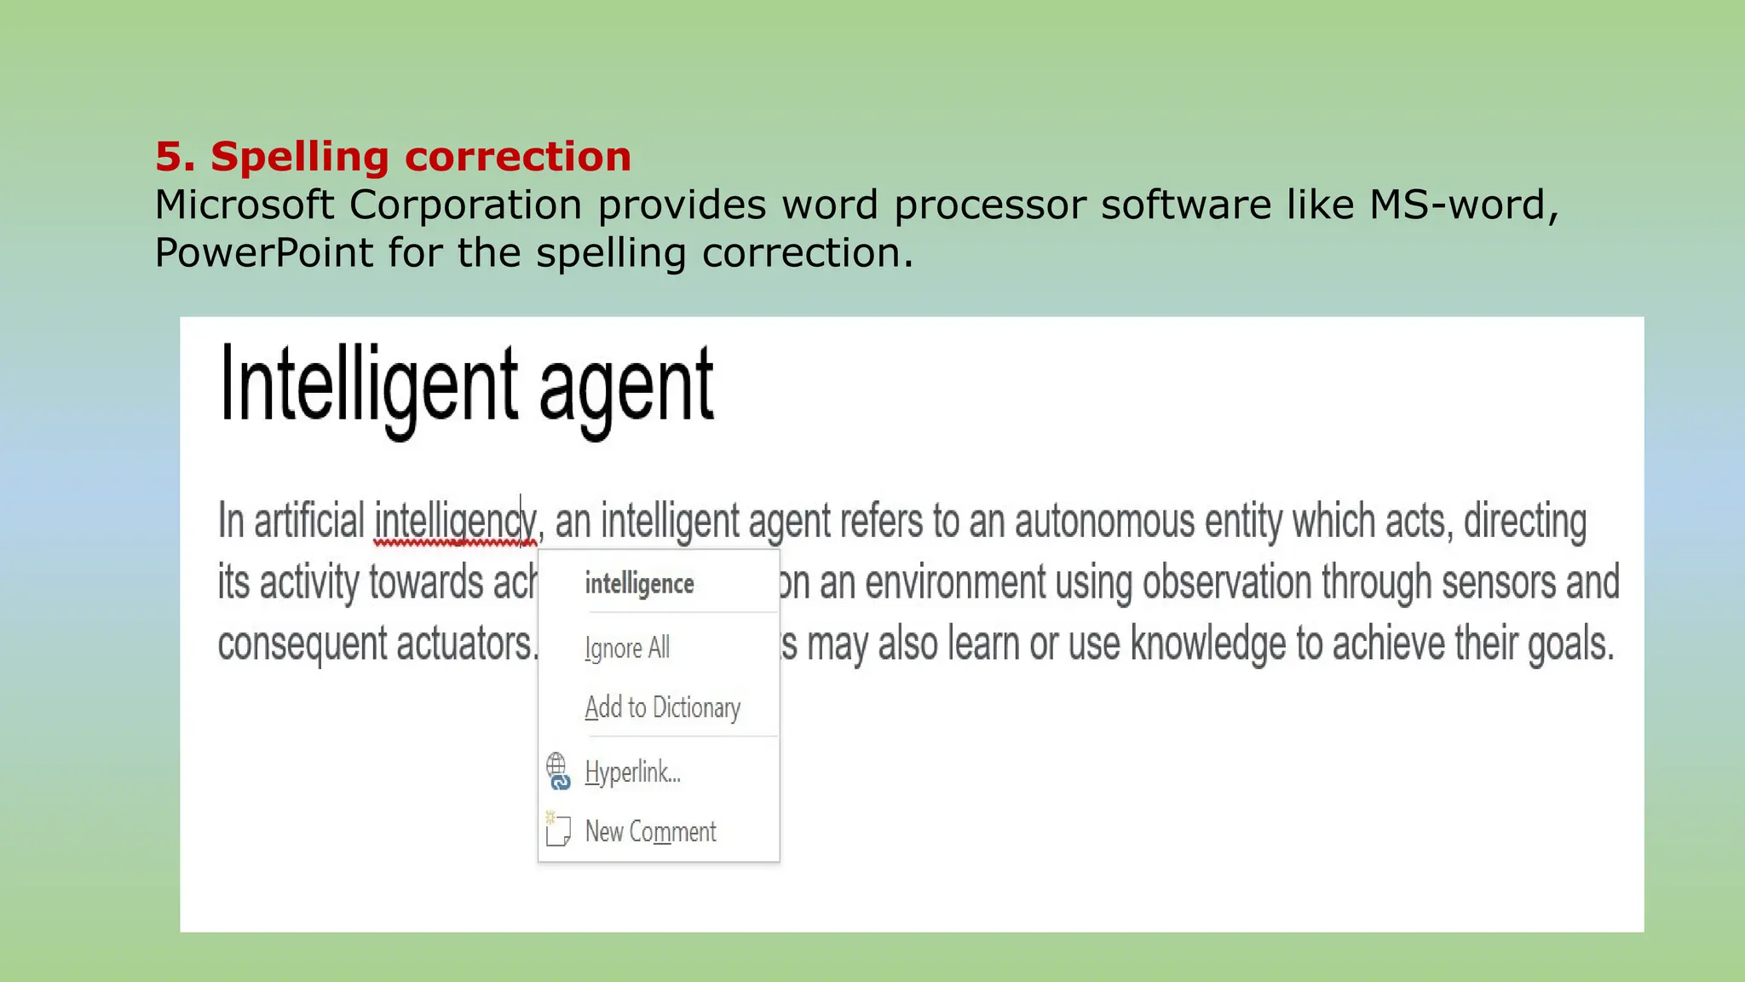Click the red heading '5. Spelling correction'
[x=393, y=157]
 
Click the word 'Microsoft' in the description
[x=245, y=205]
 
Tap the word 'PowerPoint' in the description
[x=263, y=253]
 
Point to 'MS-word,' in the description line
[x=1463, y=205]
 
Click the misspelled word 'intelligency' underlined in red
[x=454, y=522]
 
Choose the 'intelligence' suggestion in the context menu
[x=639, y=584]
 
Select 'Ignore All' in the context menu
[x=627, y=648]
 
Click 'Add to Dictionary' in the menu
[x=662, y=708]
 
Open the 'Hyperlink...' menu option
[x=632, y=772]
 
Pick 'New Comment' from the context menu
[x=650, y=831]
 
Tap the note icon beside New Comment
[x=557, y=829]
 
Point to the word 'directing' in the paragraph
[x=1524, y=522]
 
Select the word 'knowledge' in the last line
[x=1207, y=644]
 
